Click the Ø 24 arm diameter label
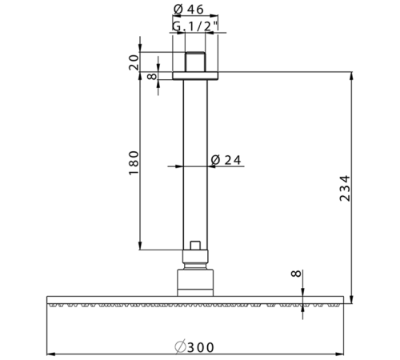tap(226, 160)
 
